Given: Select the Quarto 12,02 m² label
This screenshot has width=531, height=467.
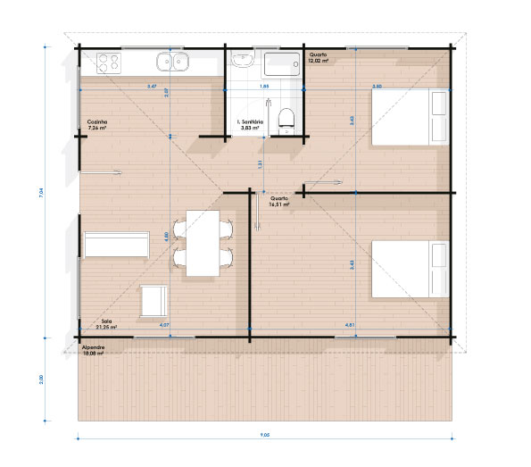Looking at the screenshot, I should pos(319,58).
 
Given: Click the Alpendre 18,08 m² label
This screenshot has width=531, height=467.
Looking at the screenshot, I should pos(93,351).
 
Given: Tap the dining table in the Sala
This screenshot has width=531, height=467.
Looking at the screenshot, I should pos(202,242).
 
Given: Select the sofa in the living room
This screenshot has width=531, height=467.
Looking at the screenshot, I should pos(116,244).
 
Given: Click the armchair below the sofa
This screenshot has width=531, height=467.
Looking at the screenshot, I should pos(153,300).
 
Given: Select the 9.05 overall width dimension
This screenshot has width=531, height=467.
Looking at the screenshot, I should pos(265,436).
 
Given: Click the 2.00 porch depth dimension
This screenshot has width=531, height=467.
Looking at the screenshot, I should pos(42,379).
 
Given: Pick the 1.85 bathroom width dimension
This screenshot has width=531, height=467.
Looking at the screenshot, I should pos(264,87).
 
